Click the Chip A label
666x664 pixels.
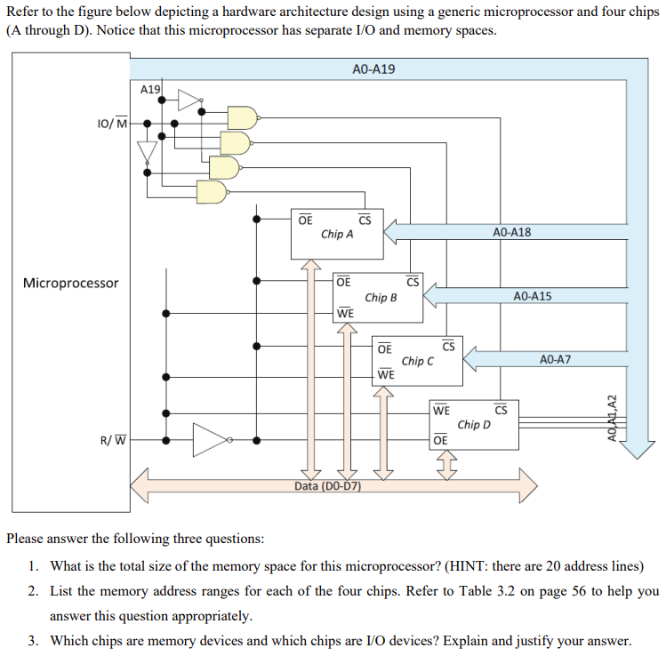point(337,235)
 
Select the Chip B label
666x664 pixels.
point(381,298)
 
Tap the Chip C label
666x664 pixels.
point(418,361)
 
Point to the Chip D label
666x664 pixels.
point(474,424)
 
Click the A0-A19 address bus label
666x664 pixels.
point(373,69)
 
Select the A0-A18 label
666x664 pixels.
point(511,232)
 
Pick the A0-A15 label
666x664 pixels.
point(533,295)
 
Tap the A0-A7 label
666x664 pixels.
point(555,359)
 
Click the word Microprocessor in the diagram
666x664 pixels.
point(71,283)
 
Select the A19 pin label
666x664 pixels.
point(151,89)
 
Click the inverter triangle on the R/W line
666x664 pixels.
point(210,439)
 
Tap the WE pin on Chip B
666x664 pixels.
point(345,313)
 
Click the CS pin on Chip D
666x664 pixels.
point(501,410)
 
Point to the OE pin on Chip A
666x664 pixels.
point(305,220)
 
